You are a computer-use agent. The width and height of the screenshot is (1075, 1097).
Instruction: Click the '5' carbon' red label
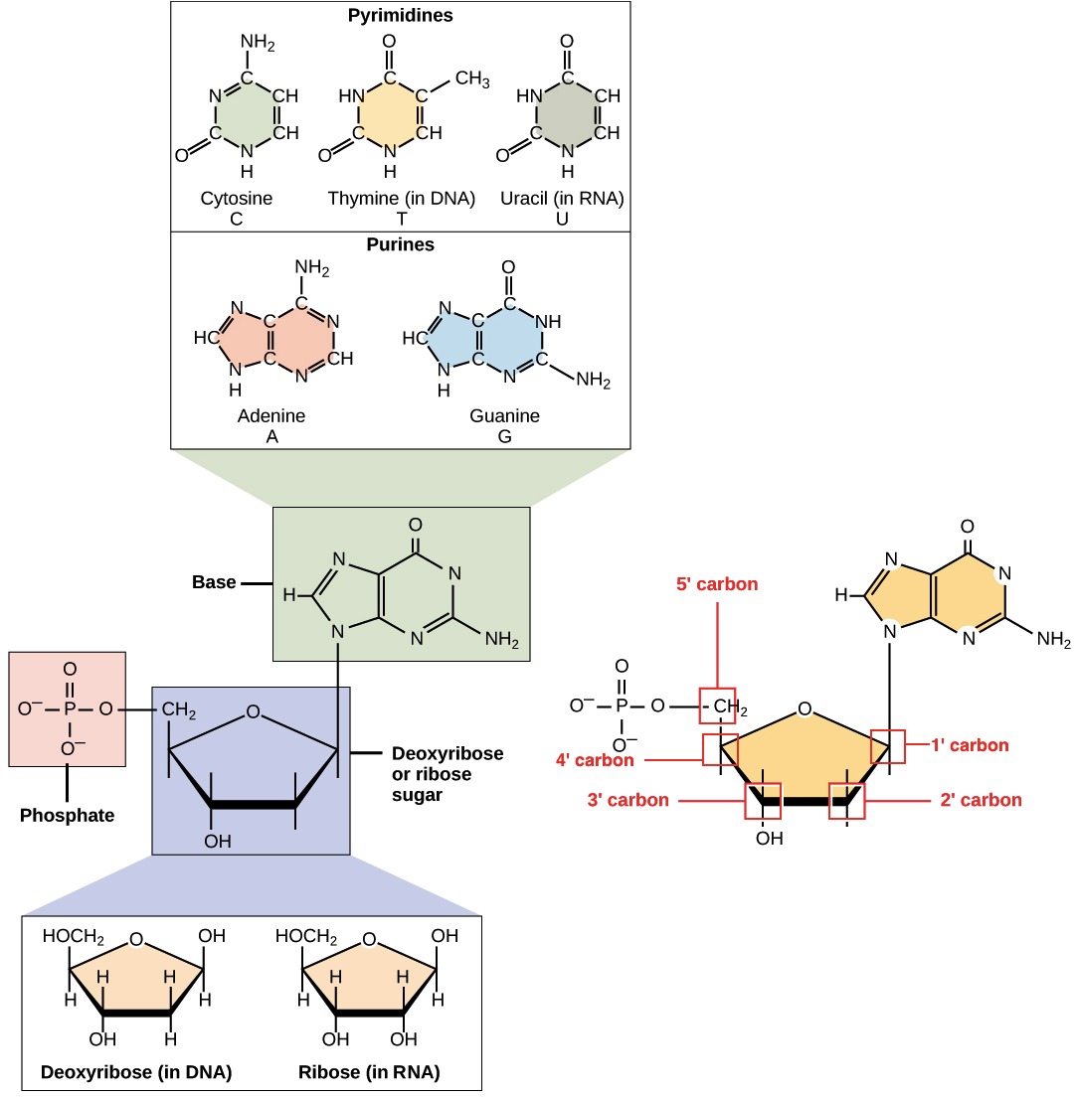(x=718, y=586)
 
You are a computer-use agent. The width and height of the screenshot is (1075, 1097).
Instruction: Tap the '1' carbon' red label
(x=969, y=744)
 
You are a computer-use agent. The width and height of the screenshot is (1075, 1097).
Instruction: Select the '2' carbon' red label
(x=981, y=800)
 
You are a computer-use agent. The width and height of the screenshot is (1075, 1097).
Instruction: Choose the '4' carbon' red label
(x=595, y=762)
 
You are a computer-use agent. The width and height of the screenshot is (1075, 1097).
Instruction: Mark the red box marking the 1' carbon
(x=888, y=746)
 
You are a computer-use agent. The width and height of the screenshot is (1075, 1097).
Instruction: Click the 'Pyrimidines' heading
(x=398, y=15)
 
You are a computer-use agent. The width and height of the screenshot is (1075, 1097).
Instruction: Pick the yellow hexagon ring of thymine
(x=389, y=113)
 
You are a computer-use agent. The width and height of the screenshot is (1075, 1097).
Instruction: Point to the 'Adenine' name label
(x=267, y=415)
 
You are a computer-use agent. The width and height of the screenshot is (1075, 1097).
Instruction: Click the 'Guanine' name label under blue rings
(x=505, y=415)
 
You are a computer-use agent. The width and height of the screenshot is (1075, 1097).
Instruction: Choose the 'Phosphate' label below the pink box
(x=69, y=818)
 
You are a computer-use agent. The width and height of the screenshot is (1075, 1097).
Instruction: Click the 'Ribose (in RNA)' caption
(x=370, y=1072)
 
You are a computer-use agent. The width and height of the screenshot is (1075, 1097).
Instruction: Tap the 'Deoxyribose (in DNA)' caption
(x=137, y=1072)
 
